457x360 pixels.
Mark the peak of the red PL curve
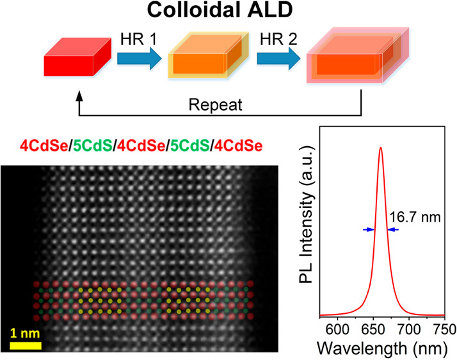point(381,148)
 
